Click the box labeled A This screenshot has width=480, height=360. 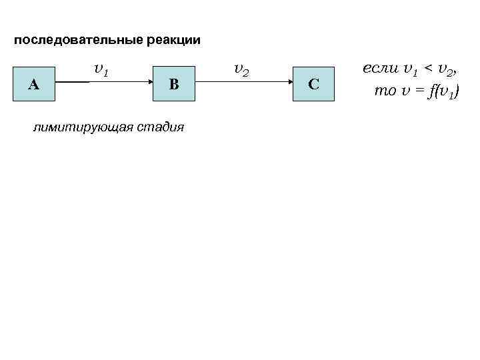point(34,83)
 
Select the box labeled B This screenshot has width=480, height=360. point(173,83)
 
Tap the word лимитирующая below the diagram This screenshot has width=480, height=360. point(74,127)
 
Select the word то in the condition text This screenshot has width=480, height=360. point(385,91)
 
